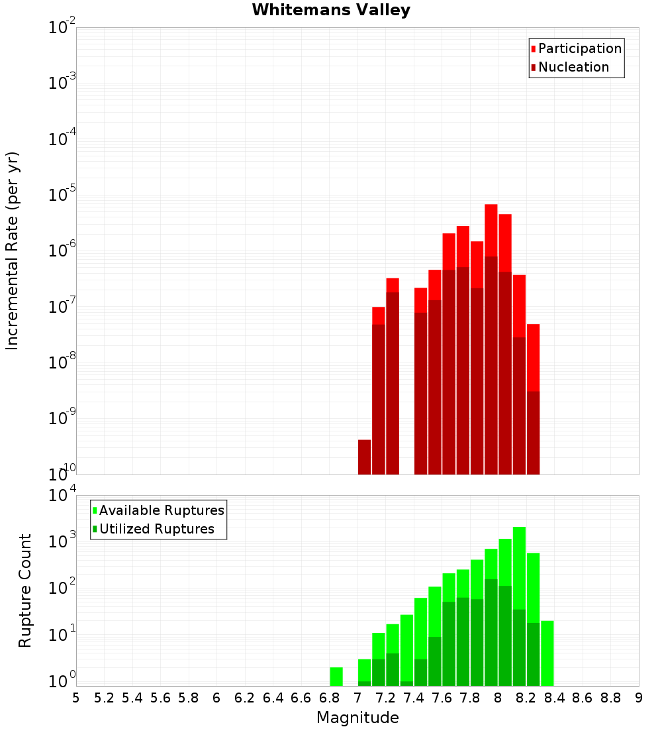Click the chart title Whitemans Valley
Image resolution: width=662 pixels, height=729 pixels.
[x=331, y=11]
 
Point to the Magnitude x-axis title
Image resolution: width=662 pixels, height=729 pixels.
[x=357, y=718]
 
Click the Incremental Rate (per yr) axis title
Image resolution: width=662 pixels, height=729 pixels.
[x=13, y=251]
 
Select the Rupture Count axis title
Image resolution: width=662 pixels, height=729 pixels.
[x=25, y=590]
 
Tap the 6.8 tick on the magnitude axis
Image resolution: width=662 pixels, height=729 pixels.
[x=329, y=698]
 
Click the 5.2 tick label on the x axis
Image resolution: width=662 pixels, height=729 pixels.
[x=104, y=698]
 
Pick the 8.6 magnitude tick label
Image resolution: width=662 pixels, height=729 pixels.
[x=583, y=698]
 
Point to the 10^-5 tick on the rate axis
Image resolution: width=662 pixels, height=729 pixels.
[x=62, y=196]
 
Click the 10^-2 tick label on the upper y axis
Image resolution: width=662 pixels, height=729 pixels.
[x=62, y=28]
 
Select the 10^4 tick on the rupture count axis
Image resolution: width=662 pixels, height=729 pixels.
[x=62, y=496]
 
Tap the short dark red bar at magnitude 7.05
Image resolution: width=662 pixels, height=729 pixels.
[x=364, y=457]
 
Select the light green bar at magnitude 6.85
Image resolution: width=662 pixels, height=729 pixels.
[x=336, y=676]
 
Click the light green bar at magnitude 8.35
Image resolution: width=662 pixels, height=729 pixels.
[x=547, y=653]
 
